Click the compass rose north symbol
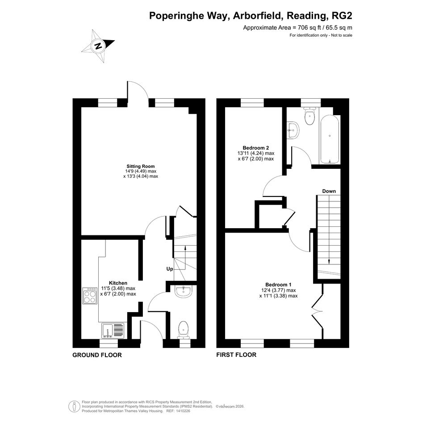point(98,46)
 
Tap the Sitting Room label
point(141,166)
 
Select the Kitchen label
point(118,283)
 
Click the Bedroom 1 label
point(278,284)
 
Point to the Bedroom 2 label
point(256,148)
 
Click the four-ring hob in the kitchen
point(90,296)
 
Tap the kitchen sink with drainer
point(113,331)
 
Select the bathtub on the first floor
point(330,139)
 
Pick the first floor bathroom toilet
point(309,116)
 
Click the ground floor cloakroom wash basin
point(183,292)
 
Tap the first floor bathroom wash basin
point(293,130)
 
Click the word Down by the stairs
point(329,191)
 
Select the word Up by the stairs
point(170,269)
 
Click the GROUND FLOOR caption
point(97,355)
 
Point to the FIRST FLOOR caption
point(236,355)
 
